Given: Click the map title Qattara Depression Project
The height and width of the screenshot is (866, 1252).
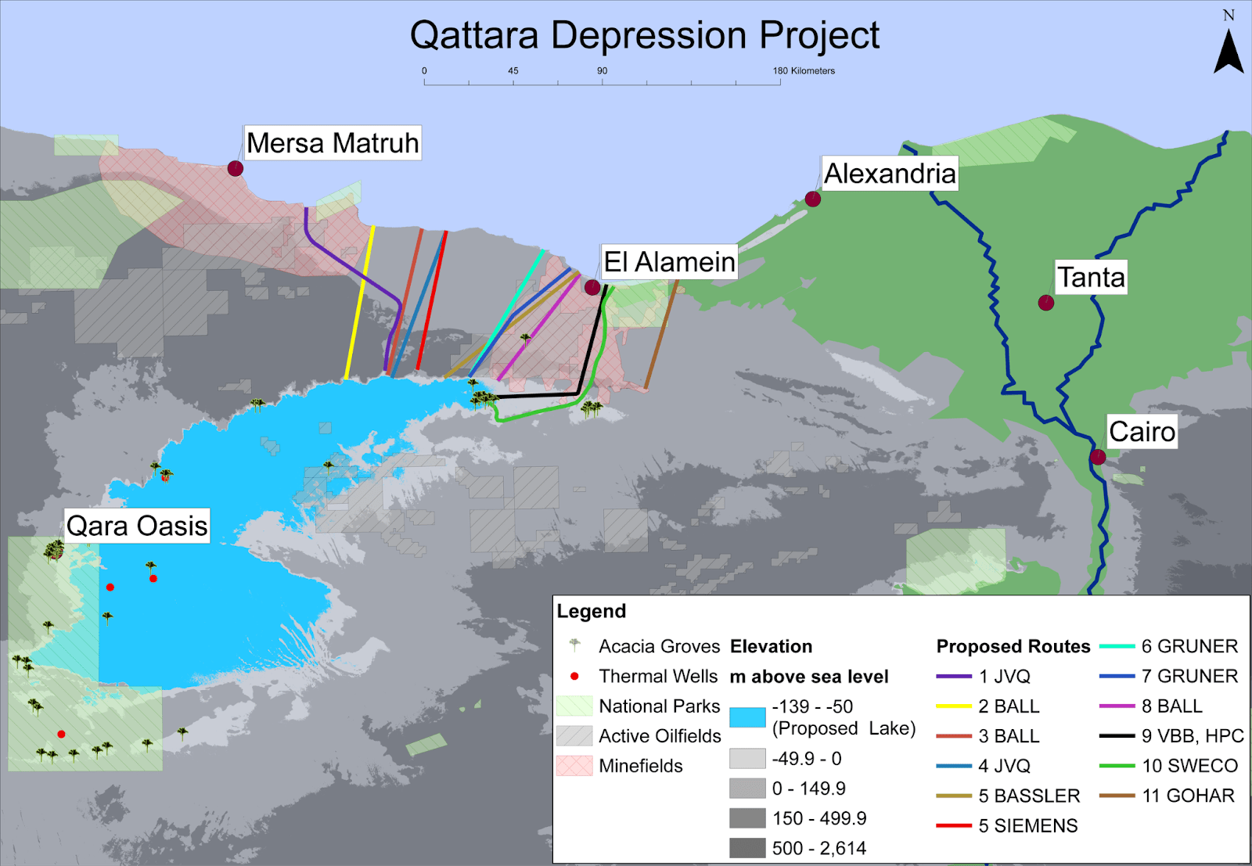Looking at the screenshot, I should point(644,36).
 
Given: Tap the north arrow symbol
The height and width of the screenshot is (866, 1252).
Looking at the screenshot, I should point(1229,52).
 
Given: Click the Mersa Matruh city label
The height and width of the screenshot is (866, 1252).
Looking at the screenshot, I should point(333,143).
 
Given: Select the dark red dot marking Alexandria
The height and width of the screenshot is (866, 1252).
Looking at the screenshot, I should point(813,199).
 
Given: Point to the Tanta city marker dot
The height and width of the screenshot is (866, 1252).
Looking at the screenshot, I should point(1045,303).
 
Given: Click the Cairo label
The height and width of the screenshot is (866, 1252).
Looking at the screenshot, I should point(1142,432).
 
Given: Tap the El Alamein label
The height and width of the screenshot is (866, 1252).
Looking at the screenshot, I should point(669,261).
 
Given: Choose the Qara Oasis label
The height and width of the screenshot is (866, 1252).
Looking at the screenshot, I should point(137,526).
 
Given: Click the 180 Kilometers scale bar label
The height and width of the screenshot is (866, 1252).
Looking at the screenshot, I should point(804,70).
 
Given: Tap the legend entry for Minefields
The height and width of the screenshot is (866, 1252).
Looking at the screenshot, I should point(640,766).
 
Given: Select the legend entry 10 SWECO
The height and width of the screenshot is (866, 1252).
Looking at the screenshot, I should point(1189,766).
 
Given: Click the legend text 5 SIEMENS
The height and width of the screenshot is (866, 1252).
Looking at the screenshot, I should point(1027,825).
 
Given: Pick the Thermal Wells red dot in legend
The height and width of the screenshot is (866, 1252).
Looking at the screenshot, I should point(574,676).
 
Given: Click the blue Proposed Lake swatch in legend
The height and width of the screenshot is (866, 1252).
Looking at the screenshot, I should point(747,717).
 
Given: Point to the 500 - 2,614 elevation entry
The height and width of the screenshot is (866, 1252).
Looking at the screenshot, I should point(818,848).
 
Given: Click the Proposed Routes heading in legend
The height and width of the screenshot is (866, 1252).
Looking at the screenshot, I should point(1013,646).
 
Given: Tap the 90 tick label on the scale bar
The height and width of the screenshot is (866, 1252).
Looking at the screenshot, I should point(603,70).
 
